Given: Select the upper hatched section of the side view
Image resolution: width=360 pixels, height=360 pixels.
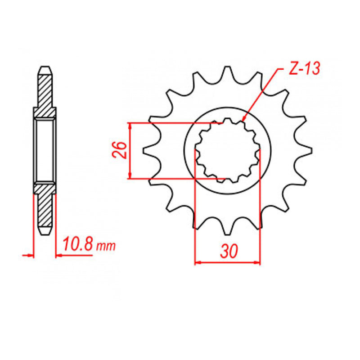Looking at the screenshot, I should [x=45, y=92].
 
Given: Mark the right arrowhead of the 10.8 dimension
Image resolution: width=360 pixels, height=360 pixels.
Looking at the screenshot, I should [x=58, y=255].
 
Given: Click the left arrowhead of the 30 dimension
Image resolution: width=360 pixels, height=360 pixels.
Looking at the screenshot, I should [x=197, y=262].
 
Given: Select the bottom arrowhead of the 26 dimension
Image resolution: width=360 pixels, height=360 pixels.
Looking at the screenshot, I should [x=130, y=176].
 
